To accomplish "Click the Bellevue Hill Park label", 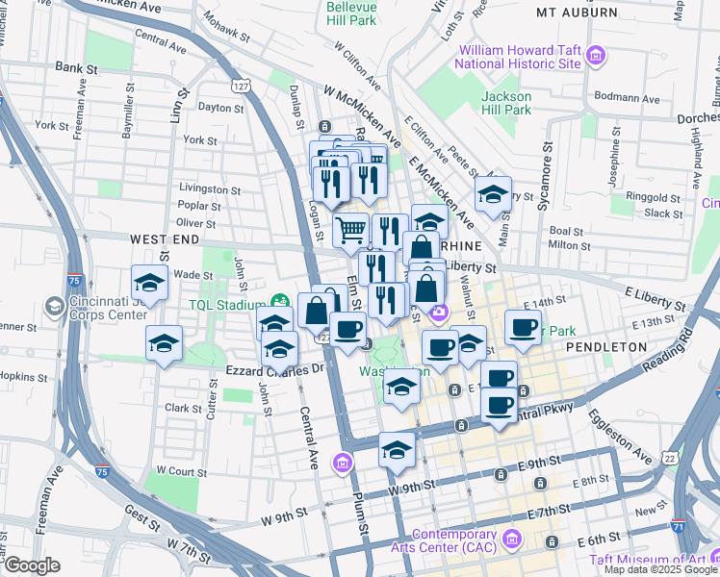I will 351,13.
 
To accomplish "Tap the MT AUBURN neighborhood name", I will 577,13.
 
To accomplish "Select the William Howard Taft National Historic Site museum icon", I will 596,56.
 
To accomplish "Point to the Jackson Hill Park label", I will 506,103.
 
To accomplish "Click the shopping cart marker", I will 351,230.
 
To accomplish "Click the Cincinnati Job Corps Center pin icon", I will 54,307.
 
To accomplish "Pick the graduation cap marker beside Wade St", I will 149,283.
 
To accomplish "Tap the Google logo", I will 31,565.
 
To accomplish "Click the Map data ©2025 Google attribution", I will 660,569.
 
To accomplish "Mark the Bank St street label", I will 76,68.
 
